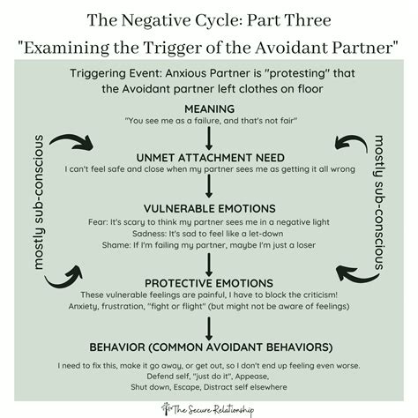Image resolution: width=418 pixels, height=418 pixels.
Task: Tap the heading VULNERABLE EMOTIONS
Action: pos(209,209)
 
